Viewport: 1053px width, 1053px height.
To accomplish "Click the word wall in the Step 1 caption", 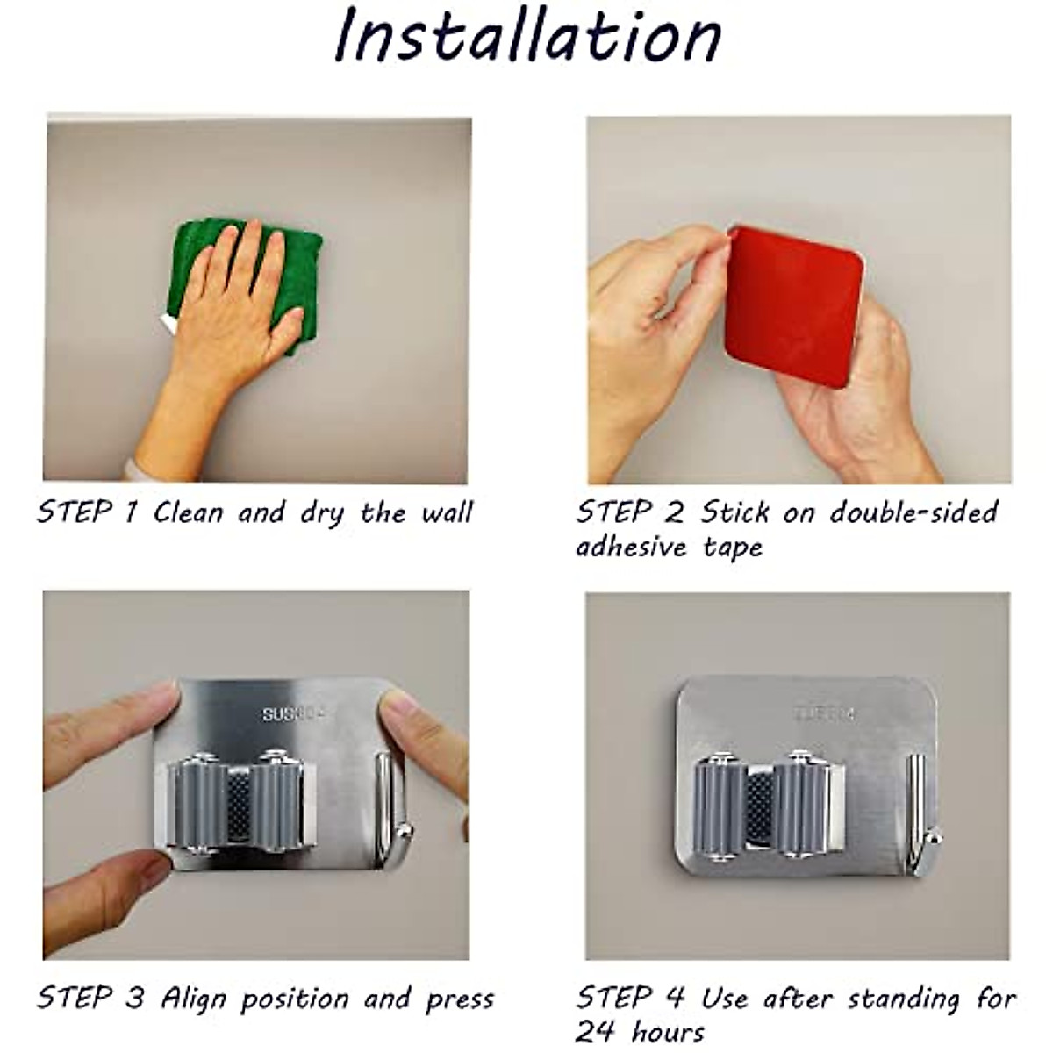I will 447,512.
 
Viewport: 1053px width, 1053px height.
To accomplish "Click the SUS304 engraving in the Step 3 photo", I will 293,714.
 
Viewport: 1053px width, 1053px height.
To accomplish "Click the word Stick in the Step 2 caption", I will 734,512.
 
